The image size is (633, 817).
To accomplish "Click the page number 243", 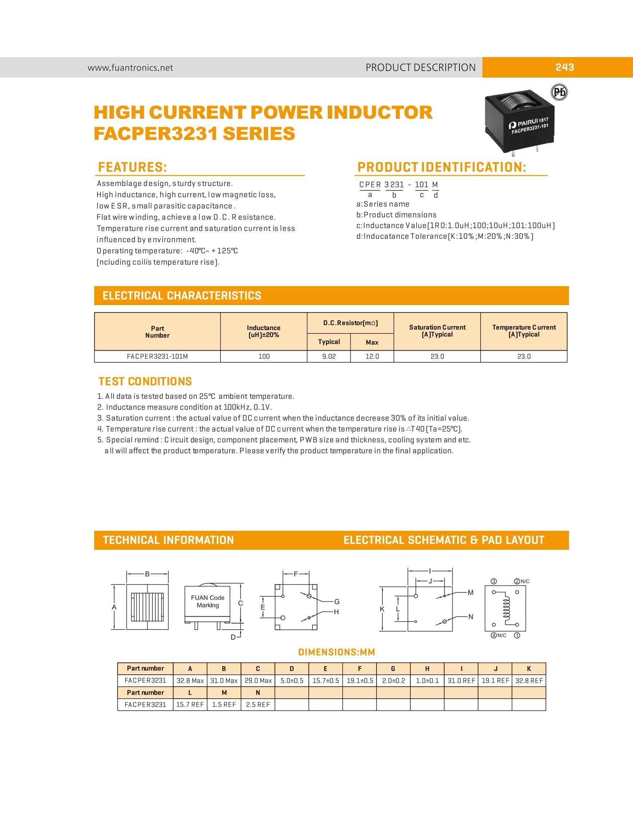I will tap(564, 67).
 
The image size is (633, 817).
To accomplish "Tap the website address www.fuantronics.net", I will tap(130, 68).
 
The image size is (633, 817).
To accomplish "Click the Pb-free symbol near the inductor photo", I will tap(560, 92).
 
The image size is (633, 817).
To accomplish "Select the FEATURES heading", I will tap(132, 167).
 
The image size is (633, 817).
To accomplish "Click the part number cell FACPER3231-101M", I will tap(158, 356).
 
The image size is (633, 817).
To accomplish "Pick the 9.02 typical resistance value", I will tap(329, 356).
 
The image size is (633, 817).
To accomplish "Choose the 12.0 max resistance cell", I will tap(372, 356).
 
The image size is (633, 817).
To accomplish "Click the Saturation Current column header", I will tap(437, 331).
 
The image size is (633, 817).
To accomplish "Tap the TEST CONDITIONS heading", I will tap(145, 382).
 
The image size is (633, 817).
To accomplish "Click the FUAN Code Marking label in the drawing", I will tap(207, 601).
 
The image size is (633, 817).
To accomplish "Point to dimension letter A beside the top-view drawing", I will tap(114, 607).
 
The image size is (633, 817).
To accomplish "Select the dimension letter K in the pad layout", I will tap(382, 609).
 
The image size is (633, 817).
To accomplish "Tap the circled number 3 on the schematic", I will tap(494, 581).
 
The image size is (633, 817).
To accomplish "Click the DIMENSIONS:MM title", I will tap(336, 652).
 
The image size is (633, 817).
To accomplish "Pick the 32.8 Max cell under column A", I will tap(190, 680).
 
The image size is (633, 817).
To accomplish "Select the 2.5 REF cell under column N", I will tap(258, 704).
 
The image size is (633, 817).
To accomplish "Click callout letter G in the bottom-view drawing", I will tap(337, 601).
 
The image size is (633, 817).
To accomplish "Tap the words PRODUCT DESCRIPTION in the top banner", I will tap(421, 68).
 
